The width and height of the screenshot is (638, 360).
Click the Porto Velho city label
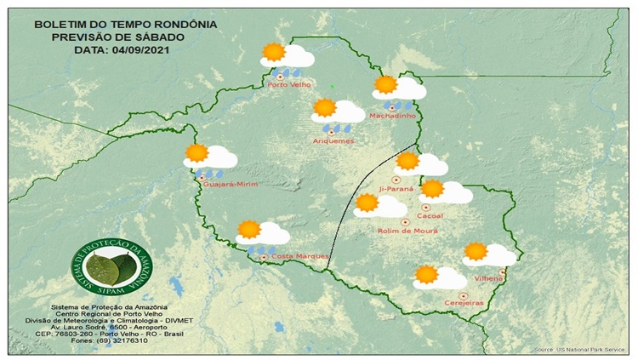tap(288, 84)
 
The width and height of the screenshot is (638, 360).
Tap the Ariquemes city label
tap(333, 140)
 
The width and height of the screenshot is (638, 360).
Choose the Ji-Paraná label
tap(396, 188)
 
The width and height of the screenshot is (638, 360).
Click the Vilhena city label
tap(486, 278)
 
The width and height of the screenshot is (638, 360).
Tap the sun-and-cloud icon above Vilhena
tap(488, 254)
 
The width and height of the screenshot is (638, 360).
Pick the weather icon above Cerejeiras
tap(438, 277)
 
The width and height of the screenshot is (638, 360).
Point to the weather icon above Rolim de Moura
tap(379, 205)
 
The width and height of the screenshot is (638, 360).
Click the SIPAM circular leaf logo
tap(107, 266)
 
